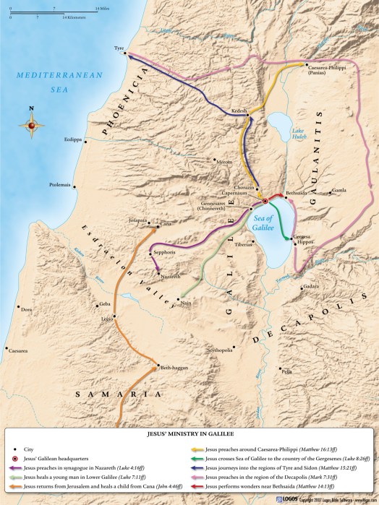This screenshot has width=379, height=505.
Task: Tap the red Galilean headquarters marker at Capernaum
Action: pyautogui.click(x=265, y=200)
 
